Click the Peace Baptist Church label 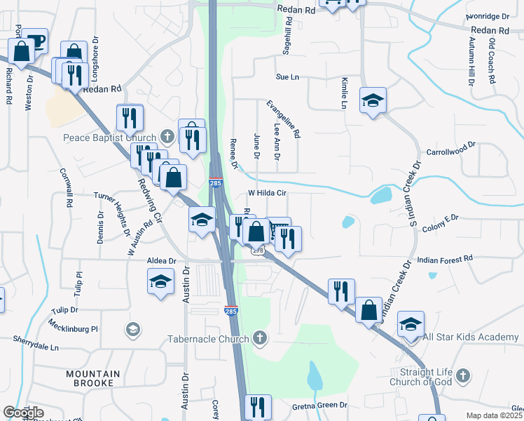pyautogui.click(x=108, y=138)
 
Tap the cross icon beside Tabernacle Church pyautogui.click(x=260, y=339)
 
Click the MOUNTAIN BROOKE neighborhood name pyautogui.click(x=93, y=379)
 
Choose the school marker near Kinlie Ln pyautogui.click(x=373, y=100)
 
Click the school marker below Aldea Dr pyautogui.click(x=161, y=282)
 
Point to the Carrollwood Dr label pyautogui.click(x=451, y=151)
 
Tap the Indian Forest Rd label pyautogui.click(x=445, y=260)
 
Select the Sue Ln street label pyautogui.click(x=287, y=76)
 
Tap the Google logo pyautogui.click(x=23, y=413)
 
